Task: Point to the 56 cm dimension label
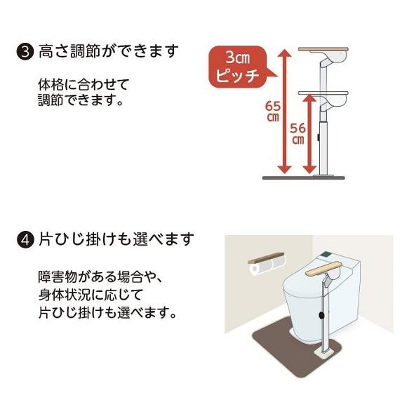(x=298, y=133)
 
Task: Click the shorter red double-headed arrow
(x=309, y=133)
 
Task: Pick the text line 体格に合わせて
(x=84, y=86)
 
